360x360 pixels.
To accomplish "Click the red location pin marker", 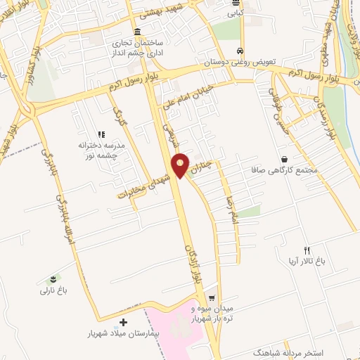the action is pyautogui.click(x=181, y=165).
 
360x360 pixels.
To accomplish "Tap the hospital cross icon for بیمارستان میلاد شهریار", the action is pyautogui.click(x=124, y=321).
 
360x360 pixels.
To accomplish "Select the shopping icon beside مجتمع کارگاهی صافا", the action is pyautogui.click(x=284, y=159).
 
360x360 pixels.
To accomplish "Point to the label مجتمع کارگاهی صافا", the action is pyautogui.click(x=284, y=169).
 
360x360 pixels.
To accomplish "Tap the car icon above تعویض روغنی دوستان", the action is pyautogui.click(x=240, y=51).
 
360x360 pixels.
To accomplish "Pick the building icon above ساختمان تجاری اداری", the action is pyautogui.click(x=136, y=32).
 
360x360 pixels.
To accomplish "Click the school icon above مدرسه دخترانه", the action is pyautogui.click(x=101, y=134).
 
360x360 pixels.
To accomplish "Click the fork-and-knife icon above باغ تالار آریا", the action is pyautogui.click(x=307, y=250).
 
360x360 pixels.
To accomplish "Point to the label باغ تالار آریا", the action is pyautogui.click(x=307, y=261).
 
